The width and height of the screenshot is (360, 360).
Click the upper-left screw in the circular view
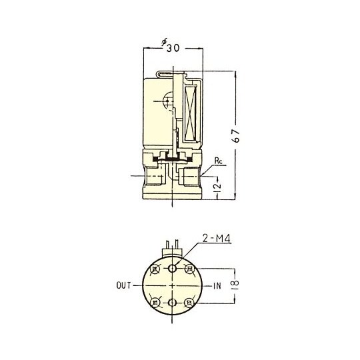pyautogui.click(x=156, y=270)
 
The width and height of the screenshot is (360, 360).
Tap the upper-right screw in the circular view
pyautogui.click(x=189, y=270)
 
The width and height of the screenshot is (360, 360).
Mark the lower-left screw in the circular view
pyautogui.click(x=156, y=302)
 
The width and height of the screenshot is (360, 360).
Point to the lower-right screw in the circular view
pyautogui.click(x=189, y=302)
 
